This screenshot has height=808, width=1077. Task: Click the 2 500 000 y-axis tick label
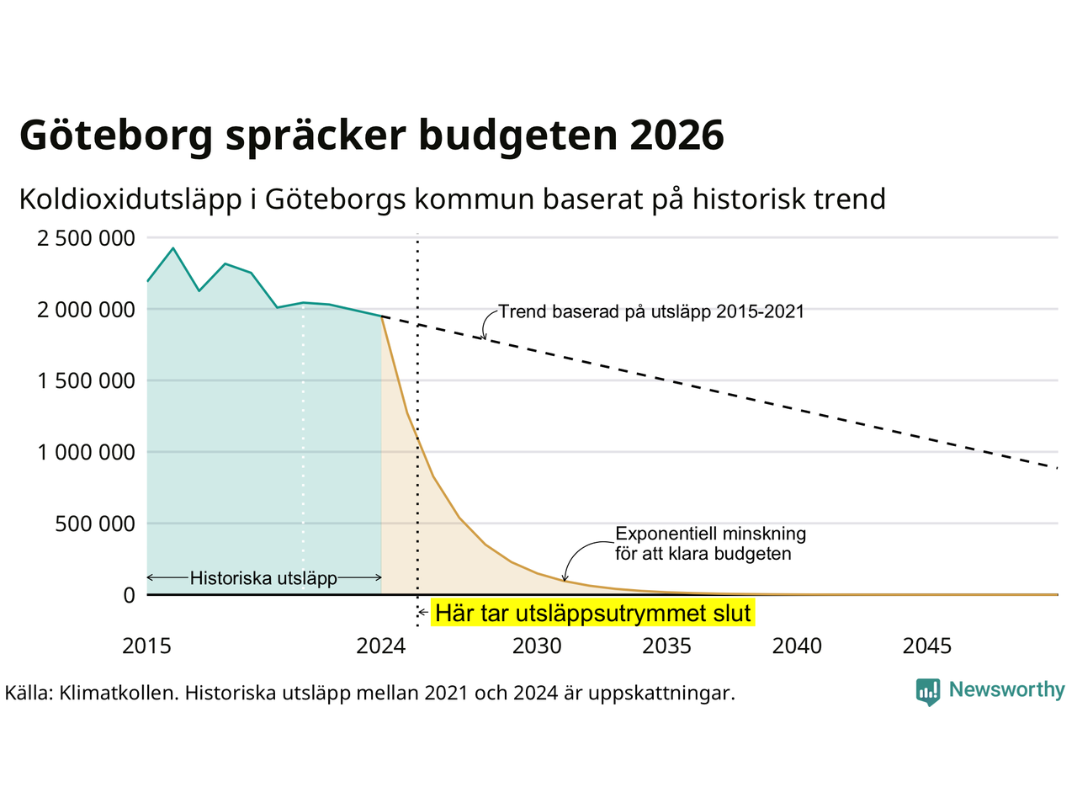pos(86,238)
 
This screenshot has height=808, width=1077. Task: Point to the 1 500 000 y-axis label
pos(86,380)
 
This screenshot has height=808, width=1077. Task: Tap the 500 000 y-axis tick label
pos(95,524)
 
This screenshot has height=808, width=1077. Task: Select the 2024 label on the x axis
pos(381,646)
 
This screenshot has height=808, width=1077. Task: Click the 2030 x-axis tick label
pos(537,646)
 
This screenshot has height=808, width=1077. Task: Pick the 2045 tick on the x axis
pos(927,646)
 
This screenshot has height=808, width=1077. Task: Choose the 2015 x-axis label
pos(146,646)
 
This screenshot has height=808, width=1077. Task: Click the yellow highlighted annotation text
pos(592,613)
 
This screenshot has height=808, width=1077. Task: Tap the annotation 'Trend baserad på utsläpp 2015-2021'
pos(651,311)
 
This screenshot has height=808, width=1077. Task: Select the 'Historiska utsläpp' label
pos(263,578)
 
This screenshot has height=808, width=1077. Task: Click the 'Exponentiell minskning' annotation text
pos(710,534)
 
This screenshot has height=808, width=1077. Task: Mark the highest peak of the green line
pos(173,248)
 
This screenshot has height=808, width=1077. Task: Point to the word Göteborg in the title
pos(116,136)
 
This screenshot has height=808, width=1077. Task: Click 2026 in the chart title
pos(676,135)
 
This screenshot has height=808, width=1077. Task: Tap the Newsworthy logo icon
pos(928,692)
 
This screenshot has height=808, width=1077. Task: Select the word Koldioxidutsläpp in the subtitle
pos(130,199)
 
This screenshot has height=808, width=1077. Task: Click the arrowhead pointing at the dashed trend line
pos(485,336)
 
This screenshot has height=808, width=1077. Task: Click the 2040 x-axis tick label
pos(797,646)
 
